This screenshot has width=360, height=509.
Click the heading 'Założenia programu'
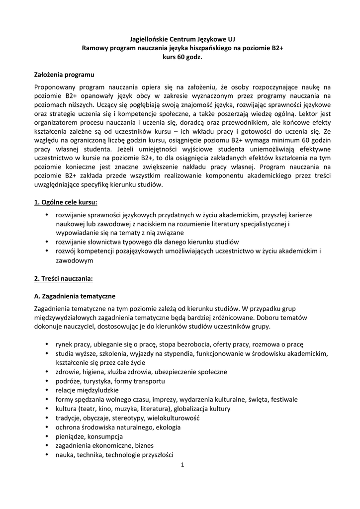pos(64,75)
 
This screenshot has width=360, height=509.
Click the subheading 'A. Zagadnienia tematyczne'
pos(75,296)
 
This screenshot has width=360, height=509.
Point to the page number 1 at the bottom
pos(182,465)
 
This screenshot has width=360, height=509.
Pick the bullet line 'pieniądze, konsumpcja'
pos(89,436)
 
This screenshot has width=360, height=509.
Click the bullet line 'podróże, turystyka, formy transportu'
pos(110,381)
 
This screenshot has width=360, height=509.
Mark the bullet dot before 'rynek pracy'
pos(47,344)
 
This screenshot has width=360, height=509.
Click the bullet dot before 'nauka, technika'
pos(47,454)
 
